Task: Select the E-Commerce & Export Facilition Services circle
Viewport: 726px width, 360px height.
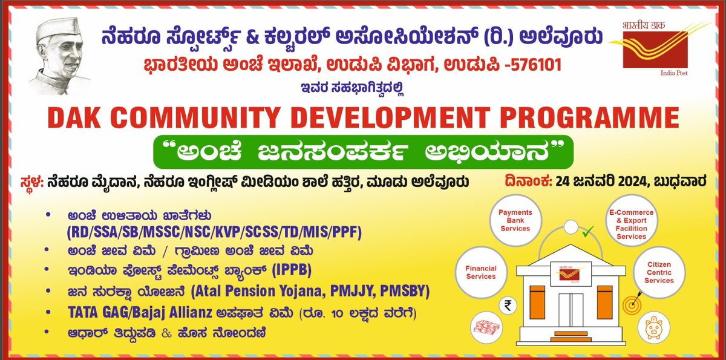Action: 631,224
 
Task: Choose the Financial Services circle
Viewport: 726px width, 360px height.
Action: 481,272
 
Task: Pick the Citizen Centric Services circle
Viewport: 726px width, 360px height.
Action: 659,272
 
